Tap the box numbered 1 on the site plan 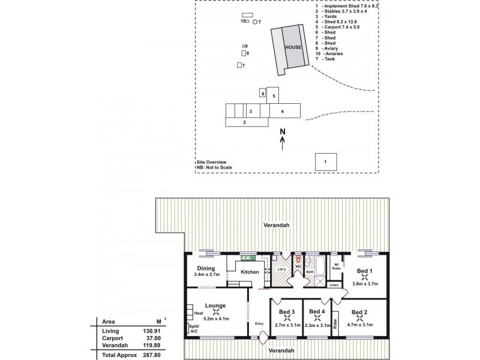coord(325,161)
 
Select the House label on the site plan coord(293,47)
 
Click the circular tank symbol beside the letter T coord(255,22)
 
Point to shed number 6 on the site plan coord(262,93)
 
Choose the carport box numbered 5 coord(273,95)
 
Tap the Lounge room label coord(215,305)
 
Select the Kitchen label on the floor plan coord(250,272)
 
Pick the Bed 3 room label coord(287,311)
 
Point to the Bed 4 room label coord(316,311)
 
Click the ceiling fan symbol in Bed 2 coord(358,318)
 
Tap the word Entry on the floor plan coord(259,324)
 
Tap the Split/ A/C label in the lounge coord(193,329)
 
